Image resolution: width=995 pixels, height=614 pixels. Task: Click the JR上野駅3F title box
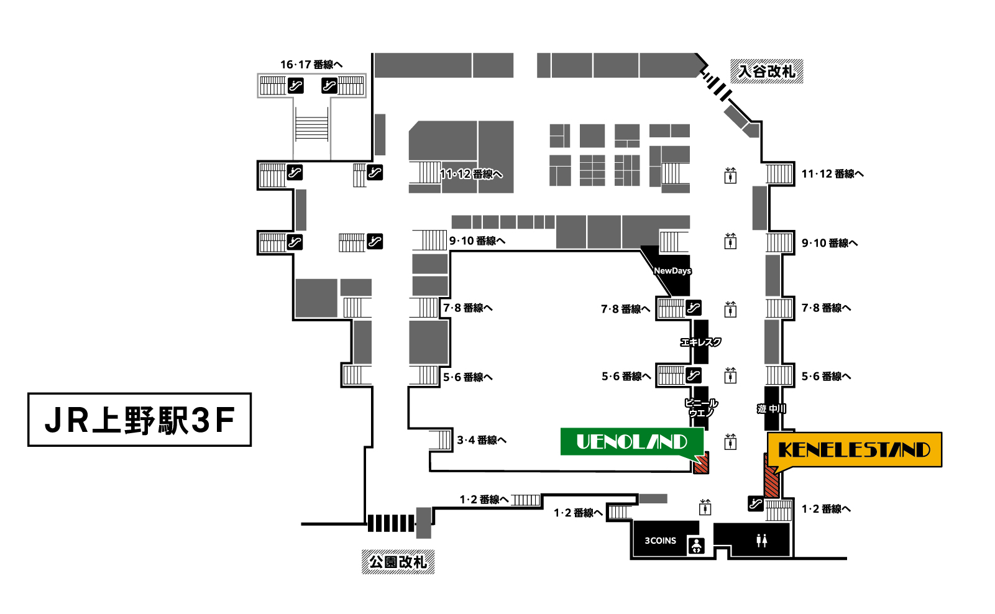click(x=139, y=419)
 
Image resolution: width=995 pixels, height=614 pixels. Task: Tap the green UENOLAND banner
click(x=631, y=442)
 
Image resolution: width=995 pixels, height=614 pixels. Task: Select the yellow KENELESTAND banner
click(x=854, y=449)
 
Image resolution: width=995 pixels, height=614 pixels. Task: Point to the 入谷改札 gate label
click(x=766, y=71)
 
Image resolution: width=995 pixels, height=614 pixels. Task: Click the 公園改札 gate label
click(x=398, y=562)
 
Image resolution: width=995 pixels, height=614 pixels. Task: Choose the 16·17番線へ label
click(x=311, y=65)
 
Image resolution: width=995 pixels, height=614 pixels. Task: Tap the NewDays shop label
click(x=672, y=271)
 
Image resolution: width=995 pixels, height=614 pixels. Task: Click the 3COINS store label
click(x=660, y=541)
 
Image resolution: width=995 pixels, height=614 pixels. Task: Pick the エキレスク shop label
click(x=700, y=342)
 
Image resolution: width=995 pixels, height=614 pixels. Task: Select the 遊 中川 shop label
click(x=771, y=408)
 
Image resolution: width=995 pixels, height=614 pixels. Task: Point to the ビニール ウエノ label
click(x=701, y=408)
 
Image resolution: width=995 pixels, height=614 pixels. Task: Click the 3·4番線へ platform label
click(x=482, y=440)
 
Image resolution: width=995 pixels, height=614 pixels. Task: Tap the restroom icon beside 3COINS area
click(x=761, y=541)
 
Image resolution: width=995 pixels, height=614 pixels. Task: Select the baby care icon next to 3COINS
click(x=696, y=546)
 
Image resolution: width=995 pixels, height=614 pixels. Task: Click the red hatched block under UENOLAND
click(x=700, y=464)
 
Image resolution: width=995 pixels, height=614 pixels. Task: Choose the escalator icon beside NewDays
click(x=693, y=307)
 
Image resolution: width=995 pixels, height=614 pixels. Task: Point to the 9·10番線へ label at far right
click(x=829, y=243)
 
